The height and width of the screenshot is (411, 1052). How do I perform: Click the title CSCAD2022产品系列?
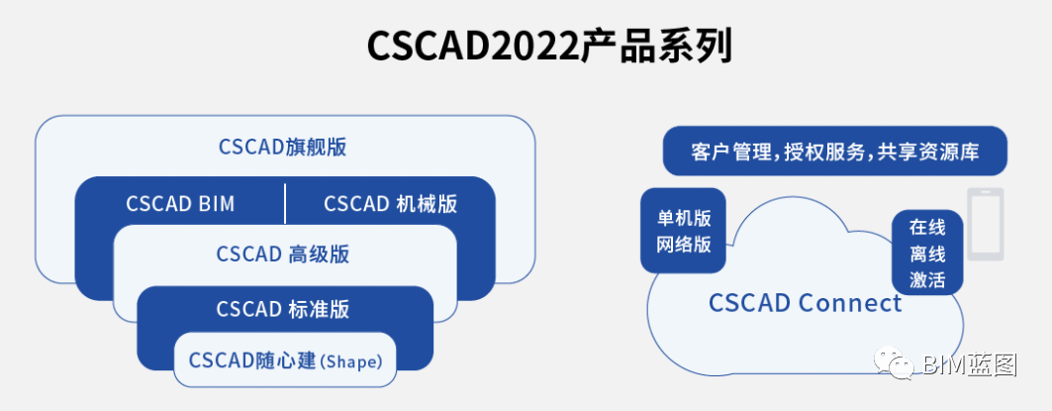(549, 47)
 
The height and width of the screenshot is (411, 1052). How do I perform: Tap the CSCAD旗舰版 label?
(282, 148)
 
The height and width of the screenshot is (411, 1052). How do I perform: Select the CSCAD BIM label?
(180, 203)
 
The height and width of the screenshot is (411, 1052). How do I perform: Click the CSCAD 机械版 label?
(391, 203)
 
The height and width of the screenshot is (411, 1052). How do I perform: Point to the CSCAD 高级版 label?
(282, 255)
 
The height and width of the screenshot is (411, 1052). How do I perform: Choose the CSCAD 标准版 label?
(282, 309)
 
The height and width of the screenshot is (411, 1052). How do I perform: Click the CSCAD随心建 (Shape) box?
(285, 360)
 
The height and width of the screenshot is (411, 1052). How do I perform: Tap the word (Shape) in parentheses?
(351, 361)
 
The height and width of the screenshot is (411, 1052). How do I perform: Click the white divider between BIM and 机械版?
(285, 203)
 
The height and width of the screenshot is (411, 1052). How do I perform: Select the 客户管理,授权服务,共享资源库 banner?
(835, 152)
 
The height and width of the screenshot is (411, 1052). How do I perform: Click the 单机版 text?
(684, 219)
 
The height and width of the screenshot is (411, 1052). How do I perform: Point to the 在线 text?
(928, 228)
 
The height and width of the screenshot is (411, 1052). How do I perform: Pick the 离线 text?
(928, 255)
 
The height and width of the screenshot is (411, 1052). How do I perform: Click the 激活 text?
(928, 280)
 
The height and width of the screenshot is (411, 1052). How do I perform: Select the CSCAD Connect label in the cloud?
(806, 304)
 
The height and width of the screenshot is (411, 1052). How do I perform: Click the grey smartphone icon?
(986, 224)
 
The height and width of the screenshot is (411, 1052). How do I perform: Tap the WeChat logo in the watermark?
(893, 363)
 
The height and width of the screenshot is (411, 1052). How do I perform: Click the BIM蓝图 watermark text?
(970, 364)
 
